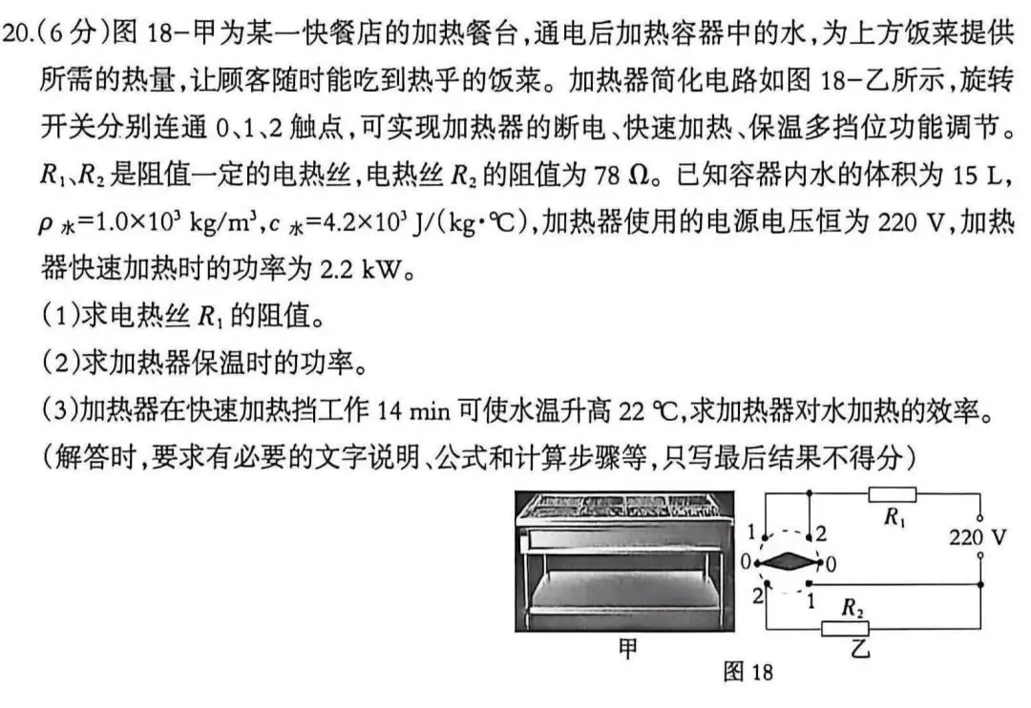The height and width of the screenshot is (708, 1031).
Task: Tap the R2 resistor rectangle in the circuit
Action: [x=845, y=627]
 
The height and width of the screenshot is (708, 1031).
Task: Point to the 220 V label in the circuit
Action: [x=978, y=537]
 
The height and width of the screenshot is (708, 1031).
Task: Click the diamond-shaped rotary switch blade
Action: [x=786, y=562]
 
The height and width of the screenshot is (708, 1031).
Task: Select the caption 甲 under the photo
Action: [x=628, y=649]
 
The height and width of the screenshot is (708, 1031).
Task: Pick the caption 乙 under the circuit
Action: [x=859, y=649]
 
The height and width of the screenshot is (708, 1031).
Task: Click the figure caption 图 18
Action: [x=747, y=672]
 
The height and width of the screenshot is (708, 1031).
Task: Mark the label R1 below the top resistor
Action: [x=894, y=518]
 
